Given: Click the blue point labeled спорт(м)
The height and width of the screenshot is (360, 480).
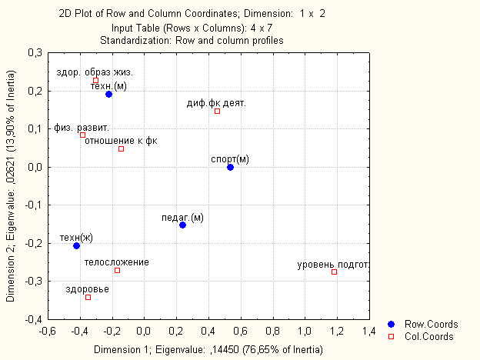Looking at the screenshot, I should [x=230, y=167].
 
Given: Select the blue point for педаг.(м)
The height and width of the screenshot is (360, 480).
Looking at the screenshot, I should [x=182, y=225].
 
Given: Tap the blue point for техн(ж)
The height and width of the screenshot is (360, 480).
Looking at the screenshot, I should [x=76, y=245].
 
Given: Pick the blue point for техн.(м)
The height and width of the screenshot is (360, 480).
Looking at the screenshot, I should [x=108, y=94].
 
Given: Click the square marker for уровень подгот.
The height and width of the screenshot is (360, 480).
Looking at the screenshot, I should [x=334, y=272].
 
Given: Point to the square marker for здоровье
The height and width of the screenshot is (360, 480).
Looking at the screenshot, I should [x=88, y=297].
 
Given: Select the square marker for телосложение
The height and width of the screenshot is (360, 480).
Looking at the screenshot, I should [x=117, y=270].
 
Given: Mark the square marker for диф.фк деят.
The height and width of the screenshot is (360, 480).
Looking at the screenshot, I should [x=217, y=111].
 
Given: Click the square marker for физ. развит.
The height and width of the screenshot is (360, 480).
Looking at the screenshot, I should [x=82, y=135].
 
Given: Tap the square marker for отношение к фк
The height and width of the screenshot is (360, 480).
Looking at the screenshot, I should [x=121, y=148].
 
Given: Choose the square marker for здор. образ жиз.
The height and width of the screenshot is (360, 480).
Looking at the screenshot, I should [x=95, y=80].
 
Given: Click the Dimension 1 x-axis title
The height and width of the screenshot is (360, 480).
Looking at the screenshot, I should [x=208, y=350].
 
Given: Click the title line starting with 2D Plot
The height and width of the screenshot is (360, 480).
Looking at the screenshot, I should [x=209, y=14].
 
